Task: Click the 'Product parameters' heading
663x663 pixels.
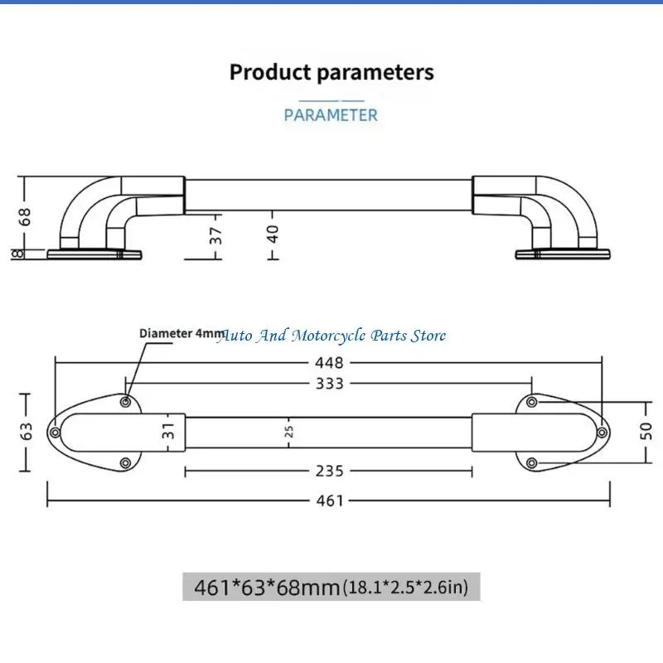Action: click(331, 72)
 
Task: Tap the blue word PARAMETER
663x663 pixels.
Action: click(331, 115)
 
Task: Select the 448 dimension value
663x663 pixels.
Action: click(329, 363)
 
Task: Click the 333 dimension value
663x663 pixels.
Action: click(329, 384)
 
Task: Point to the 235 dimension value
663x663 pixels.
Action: click(329, 471)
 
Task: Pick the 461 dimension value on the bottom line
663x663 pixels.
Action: click(330, 501)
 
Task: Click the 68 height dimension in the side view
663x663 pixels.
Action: click(25, 216)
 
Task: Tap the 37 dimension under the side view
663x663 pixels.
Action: click(215, 235)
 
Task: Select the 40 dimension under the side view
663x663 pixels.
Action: click(273, 234)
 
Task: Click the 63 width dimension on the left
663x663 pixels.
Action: click(27, 431)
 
